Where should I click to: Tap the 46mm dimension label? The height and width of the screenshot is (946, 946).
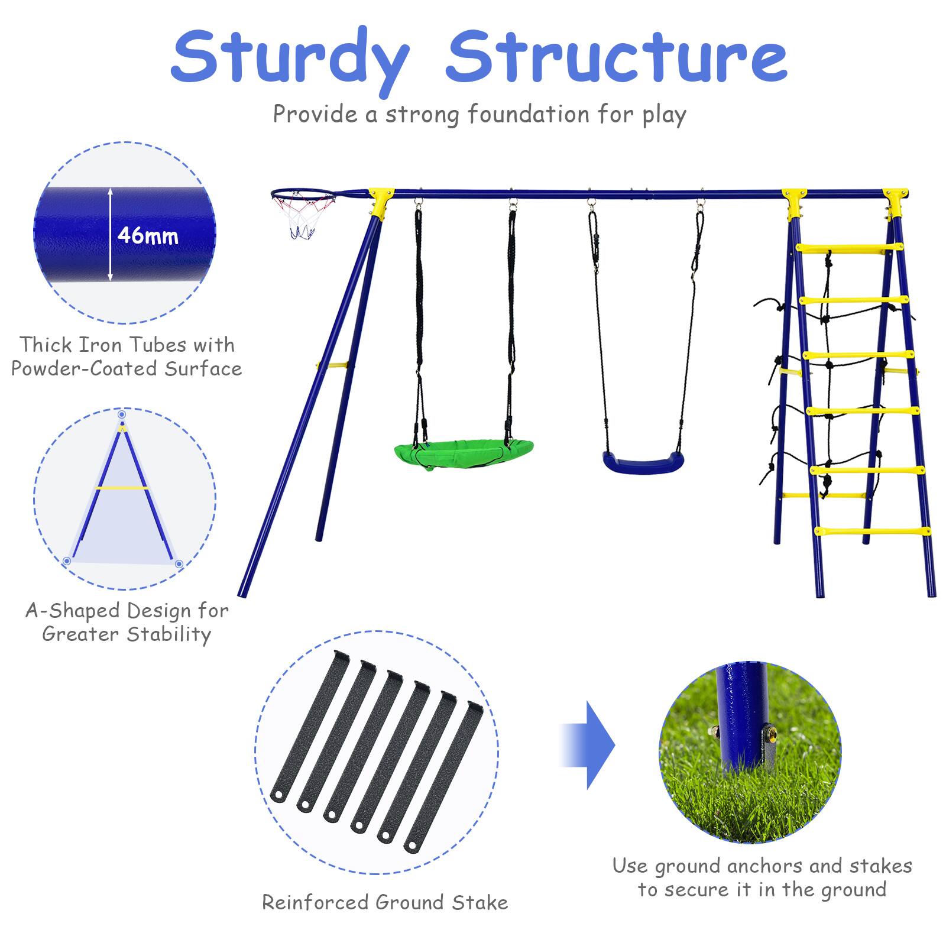coord(148,235)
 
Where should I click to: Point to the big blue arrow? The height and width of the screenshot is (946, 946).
coord(588,745)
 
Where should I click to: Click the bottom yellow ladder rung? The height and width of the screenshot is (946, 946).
coord(872,531)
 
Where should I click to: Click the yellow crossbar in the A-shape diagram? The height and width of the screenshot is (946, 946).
coord(122,488)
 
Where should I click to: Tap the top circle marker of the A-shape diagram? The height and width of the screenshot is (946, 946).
coord(122,414)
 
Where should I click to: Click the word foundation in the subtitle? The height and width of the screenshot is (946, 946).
coord(529,114)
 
